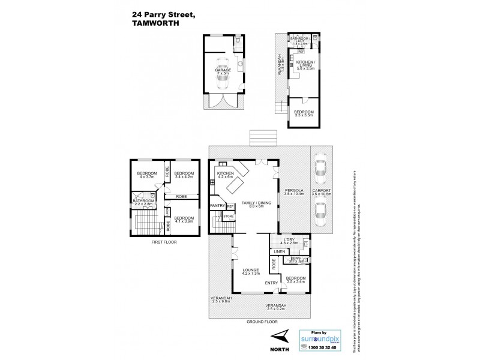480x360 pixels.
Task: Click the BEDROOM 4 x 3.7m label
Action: point(147,176)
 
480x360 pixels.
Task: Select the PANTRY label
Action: point(217,206)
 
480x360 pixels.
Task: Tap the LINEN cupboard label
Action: point(279,251)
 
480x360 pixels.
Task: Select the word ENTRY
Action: point(272,284)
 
